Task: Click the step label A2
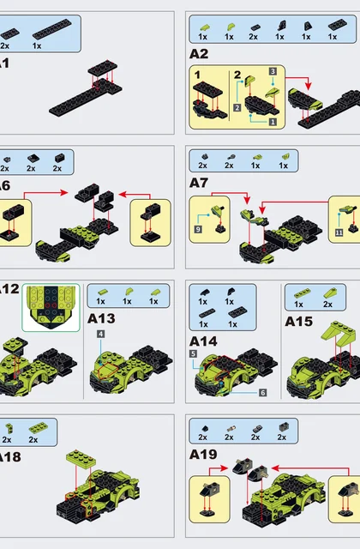pos(199,54)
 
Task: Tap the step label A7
pos(199,183)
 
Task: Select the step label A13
pos(101,318)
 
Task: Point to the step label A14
pos(203,341)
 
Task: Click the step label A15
pos(299,322)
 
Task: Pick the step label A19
pos(203,455)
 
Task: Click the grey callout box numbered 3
pos(273,71)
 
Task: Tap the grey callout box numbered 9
pos(198,229)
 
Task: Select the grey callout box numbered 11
pos(339,232)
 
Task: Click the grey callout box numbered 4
pos(101,334)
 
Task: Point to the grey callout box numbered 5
pos(193,354)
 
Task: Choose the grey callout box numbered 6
pos(263,393)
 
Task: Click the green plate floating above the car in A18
pos(81,458)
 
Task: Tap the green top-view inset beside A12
pos(51,308)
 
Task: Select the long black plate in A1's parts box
pos(51,28)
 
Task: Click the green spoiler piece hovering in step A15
pos(337,331)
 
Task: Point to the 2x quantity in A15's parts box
pos(327,305)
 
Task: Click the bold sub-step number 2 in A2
pos(237,75)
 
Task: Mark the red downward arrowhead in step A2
pos(308,86)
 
